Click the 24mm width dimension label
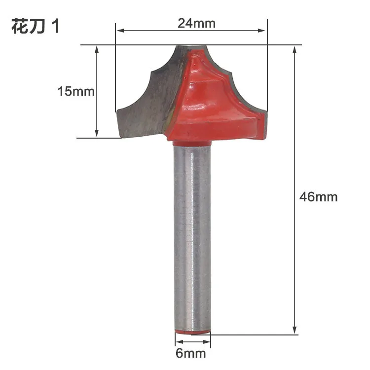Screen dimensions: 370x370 click(190, 23)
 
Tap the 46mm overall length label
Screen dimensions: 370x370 click(318, 197)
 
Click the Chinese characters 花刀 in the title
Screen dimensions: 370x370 click(29, 27)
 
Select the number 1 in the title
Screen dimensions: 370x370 click(55, 27)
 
